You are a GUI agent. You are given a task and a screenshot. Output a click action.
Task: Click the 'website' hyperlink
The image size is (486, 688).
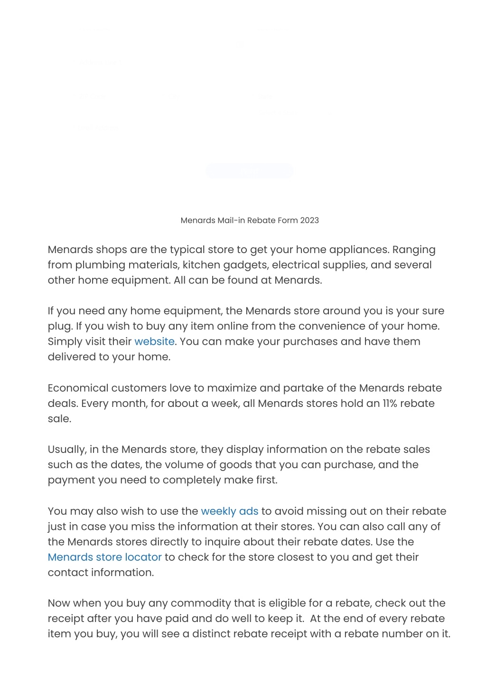click(x=154, y=341)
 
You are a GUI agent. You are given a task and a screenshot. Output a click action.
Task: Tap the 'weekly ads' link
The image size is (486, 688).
click(x=230, y=511)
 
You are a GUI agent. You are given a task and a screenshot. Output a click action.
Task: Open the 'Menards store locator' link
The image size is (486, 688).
click(x=104, y=557)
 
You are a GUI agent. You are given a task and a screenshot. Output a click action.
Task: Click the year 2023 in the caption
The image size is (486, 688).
click(x=309, y=220)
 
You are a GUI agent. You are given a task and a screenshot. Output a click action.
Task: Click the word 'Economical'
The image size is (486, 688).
click(x=78, y=388)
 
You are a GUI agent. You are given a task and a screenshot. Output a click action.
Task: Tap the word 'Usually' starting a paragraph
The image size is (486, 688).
click(x=66, y=450)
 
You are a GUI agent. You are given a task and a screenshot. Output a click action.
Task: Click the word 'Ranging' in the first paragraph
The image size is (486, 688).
click(x=413, y=250)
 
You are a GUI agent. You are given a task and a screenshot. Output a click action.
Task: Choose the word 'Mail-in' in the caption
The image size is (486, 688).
click(x=232, y=220)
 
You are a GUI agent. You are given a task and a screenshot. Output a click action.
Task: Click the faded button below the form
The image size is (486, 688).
click(x=249, y=171)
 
